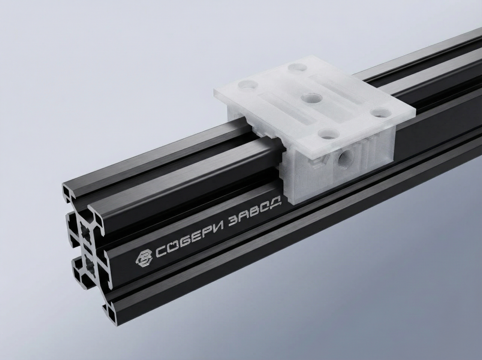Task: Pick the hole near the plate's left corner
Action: point(248,86)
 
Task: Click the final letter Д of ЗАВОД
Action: point(277,202)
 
